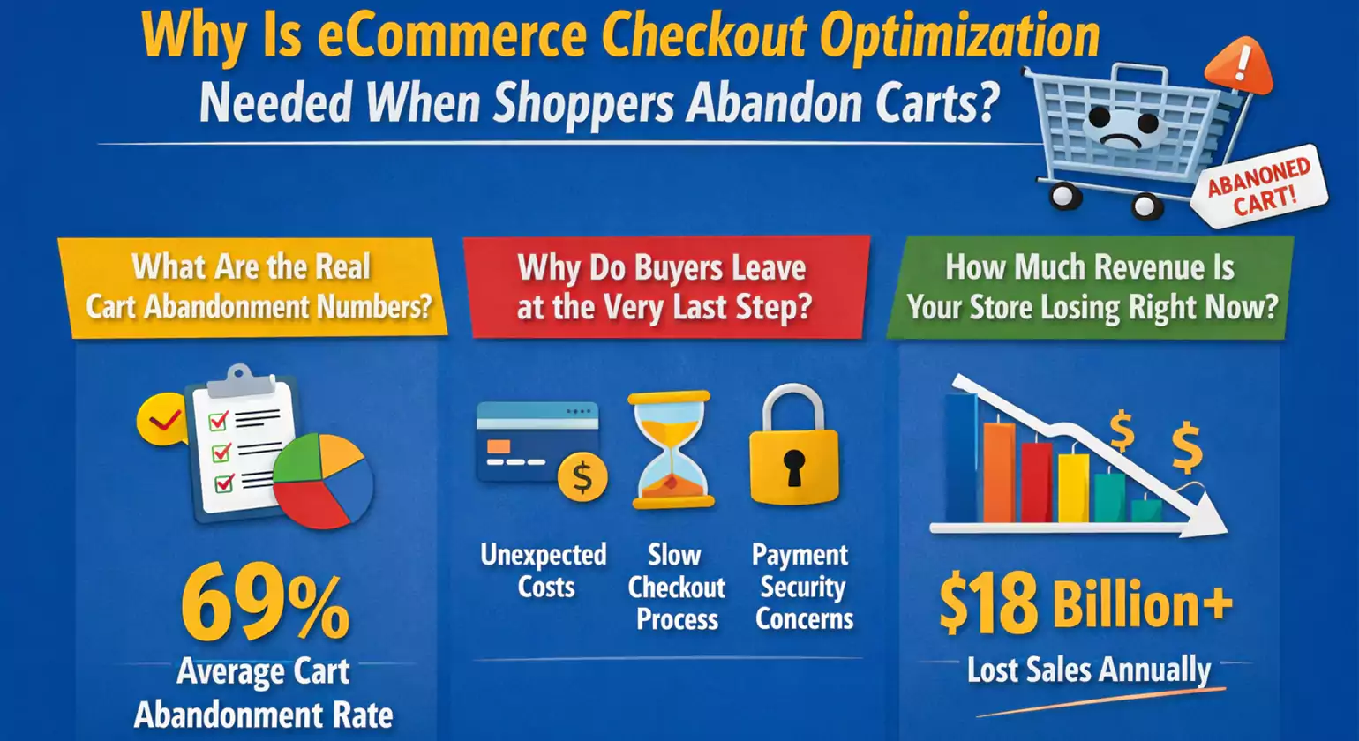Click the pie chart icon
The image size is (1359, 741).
pyautogui.click(x=323, y=482)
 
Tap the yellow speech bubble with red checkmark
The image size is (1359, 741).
pyautogui.click(x=161, y=420)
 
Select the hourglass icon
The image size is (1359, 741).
pyautogui.click(x=672, y=450)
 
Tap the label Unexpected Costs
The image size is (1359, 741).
pyautogui.click(x=544, y=571)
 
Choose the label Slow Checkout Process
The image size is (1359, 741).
pyautogui.click(x=676, y=587)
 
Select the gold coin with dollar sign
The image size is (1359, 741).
pyautogui.click(x=582, y=476)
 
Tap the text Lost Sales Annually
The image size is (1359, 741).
pyautogui.click(x=1089, y=670)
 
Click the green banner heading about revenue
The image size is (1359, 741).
pyautogui.click(x=1092, y=288)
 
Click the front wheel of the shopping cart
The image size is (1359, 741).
pyautogui.click(x=1145, y=206)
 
